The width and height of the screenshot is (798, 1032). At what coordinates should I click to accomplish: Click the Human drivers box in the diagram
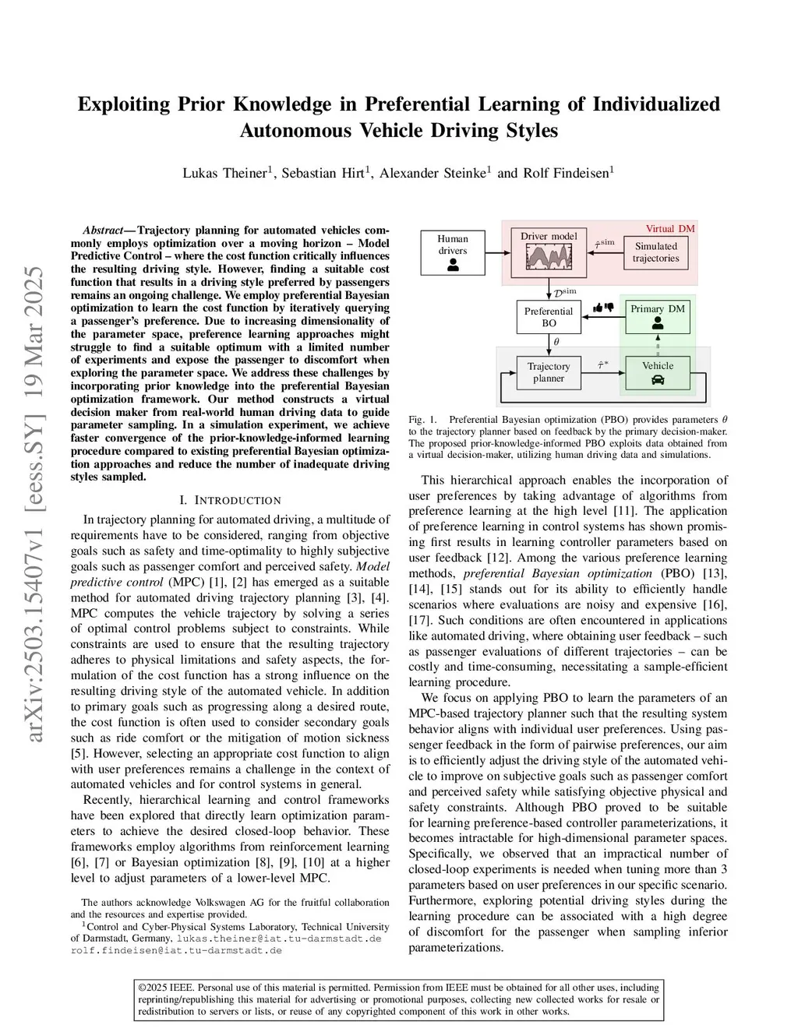[453, 252]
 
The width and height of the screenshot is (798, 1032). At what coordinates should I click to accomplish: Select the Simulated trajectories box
[655, 252]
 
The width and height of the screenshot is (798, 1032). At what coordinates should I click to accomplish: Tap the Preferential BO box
[549, 316]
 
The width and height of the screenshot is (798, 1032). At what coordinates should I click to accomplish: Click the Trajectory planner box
[549, 372]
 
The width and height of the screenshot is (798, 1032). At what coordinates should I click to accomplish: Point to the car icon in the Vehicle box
[658, 380]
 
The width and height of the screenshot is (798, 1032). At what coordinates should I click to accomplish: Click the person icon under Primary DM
[658, 322]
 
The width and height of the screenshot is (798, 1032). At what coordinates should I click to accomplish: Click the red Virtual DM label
[669, 228]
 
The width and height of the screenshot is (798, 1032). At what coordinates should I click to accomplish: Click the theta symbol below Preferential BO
[556, 341]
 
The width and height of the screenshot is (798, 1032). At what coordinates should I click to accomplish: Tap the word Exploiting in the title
[123, 104]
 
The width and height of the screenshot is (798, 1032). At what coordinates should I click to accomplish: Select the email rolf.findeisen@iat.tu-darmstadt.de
[175, 950]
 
